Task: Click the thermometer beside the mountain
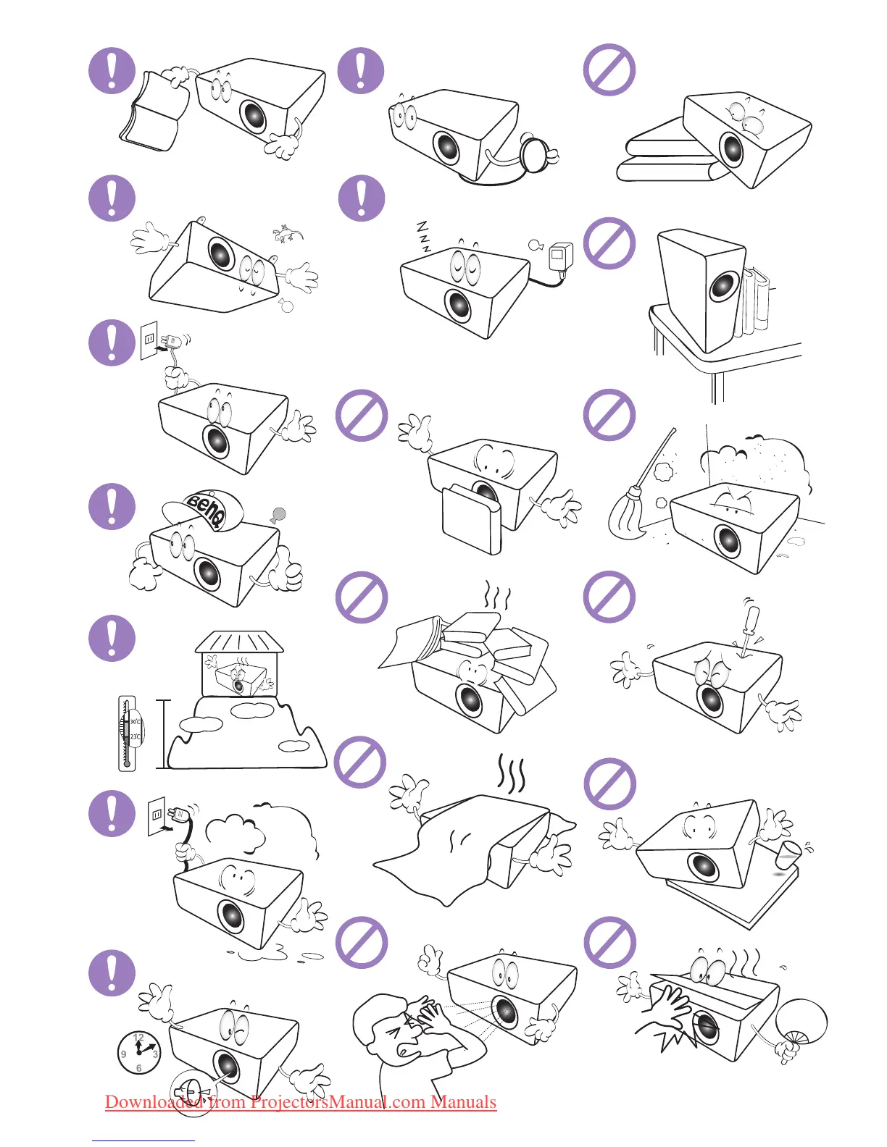[x=128, y=733]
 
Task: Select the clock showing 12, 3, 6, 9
[x=138, y=1052]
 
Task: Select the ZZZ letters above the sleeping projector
[x=423, y=236]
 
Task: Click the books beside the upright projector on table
[x=754, y=301]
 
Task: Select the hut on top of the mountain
[x=239, y=663]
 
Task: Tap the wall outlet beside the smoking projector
[x=156, y=817]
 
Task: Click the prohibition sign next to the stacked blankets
[x=609, y=70]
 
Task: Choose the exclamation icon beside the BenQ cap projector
[x=112, y=506]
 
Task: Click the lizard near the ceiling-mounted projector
[x=288, y=234]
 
